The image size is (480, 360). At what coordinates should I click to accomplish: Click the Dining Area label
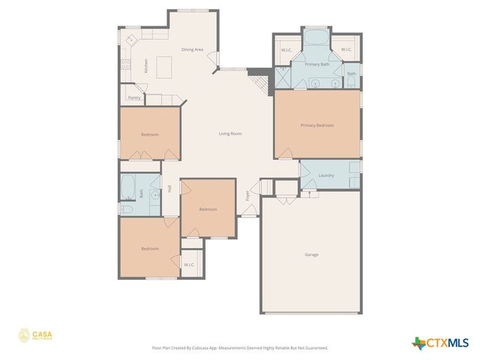point(193,49)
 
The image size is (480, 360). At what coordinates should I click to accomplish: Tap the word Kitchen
point(145,66)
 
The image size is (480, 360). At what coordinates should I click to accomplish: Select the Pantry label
point(134,97)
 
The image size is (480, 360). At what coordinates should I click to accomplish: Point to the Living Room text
point(230,133)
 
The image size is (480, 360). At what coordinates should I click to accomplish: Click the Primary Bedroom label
point(317,125)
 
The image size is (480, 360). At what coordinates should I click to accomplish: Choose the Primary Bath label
point(317,64)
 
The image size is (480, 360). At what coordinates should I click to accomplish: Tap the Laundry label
point(326,175)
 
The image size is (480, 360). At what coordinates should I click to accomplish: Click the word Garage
point(311,254)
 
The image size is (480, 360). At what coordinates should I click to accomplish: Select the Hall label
point(169,189)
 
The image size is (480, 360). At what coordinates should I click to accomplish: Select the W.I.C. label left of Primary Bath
point(286,50)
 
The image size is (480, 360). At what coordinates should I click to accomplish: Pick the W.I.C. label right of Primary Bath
point(346,50)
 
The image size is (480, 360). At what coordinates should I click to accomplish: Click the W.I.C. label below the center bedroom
point(189,264)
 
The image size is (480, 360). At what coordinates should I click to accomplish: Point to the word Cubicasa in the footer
point(199,348)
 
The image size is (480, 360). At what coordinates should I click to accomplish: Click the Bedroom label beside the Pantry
point(150,134)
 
